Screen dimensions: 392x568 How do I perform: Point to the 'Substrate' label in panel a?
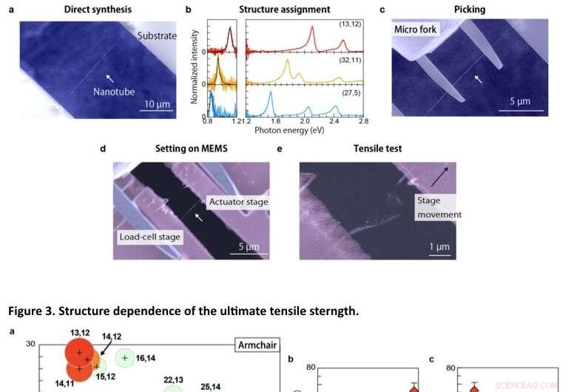(157, 36)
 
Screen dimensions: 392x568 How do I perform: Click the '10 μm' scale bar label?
(158, 104)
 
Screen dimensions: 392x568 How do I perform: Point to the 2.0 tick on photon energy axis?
(305, 120)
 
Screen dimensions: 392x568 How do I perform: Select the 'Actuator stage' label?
(239, 201)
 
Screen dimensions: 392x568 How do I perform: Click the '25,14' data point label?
(211, 386)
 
